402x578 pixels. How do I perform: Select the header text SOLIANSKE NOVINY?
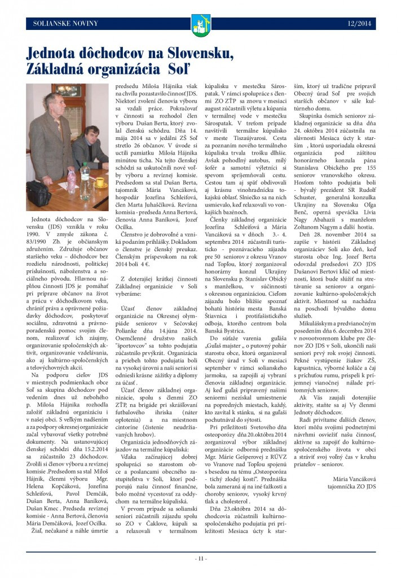(65, 24)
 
